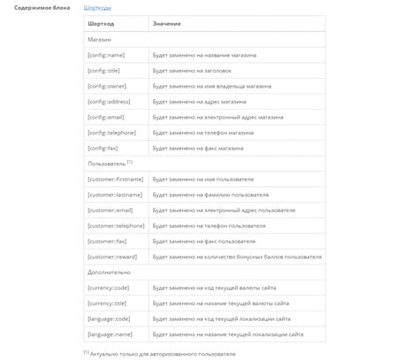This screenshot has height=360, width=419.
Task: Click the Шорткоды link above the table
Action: click(x=97, y=7)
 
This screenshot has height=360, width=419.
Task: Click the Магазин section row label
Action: click(x=99, y=41)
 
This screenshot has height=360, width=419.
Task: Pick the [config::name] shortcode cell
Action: click(x=108, y=55)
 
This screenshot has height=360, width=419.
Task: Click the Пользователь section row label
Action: click(x=107, y=164)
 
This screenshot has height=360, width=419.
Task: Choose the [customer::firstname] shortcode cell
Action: click(x=116, y=179)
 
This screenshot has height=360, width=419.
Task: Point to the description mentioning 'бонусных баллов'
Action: click(x=237, y=257)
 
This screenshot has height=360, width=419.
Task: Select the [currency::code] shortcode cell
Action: click(x=110, y=287)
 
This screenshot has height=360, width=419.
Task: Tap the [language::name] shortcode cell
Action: click(x=110, y=334)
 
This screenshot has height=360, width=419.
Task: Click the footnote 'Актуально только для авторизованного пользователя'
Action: click(x=163, y=353)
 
